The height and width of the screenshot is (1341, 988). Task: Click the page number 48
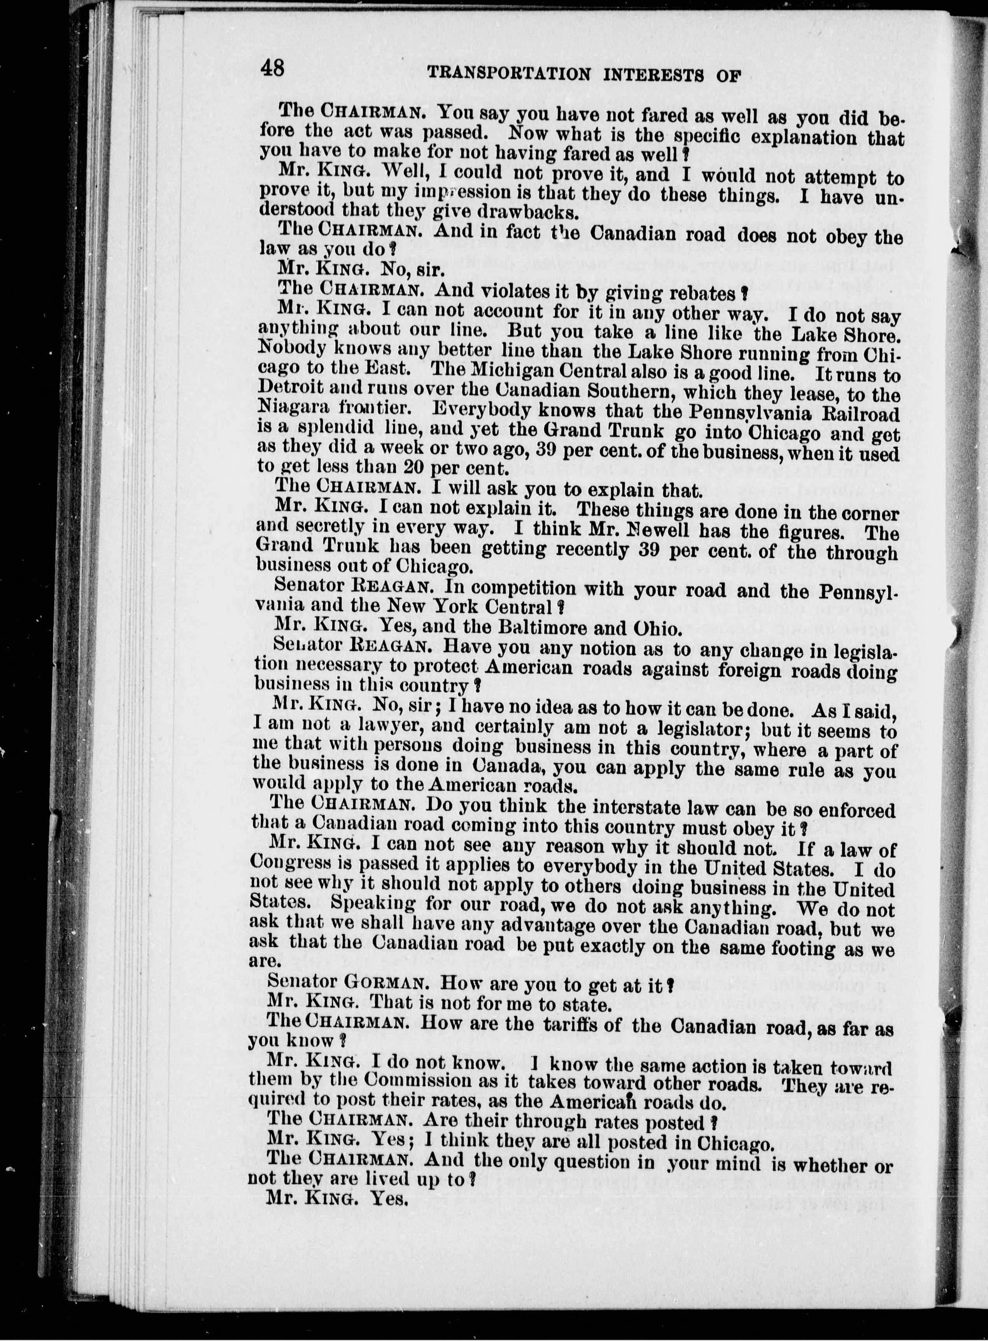273,68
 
